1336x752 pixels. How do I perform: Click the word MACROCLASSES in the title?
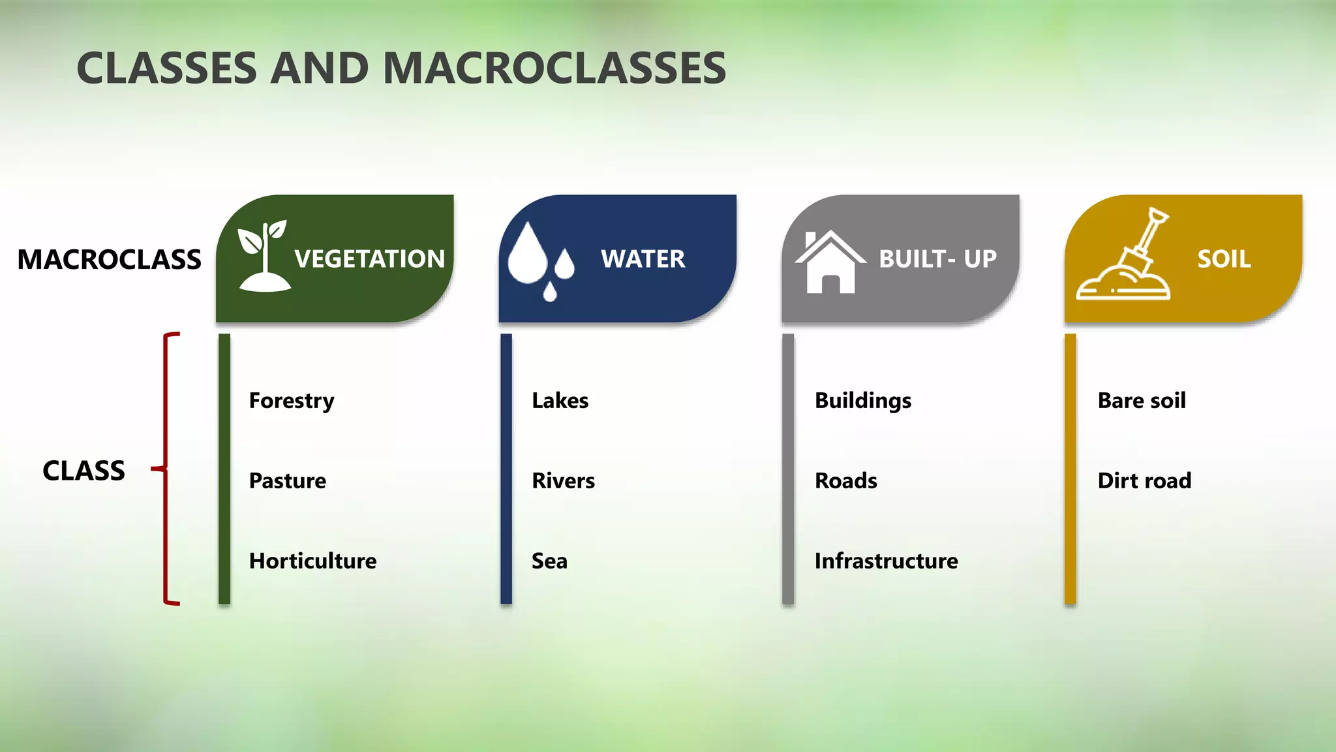tap(554, 69)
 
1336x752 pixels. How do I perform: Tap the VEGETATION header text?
tap(369, 259)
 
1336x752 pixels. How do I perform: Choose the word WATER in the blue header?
tap(643, 259)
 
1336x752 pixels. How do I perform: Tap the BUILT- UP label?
tap(937, 259)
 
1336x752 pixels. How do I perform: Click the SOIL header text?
tap(1224, 259)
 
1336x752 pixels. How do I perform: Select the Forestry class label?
tap(292, 400)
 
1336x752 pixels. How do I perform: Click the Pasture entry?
tap(287, 480)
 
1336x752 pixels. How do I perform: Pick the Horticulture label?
tap(312, 561)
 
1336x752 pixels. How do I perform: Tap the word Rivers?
tap(563, 480)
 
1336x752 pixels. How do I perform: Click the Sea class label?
tap(549, 561)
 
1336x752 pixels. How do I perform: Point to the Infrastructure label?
tap(886, 561)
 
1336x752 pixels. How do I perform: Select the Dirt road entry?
tap(1144, 480)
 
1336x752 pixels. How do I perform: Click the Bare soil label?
tap(1142, 400)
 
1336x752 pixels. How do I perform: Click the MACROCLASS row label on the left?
tap(109, 260)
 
